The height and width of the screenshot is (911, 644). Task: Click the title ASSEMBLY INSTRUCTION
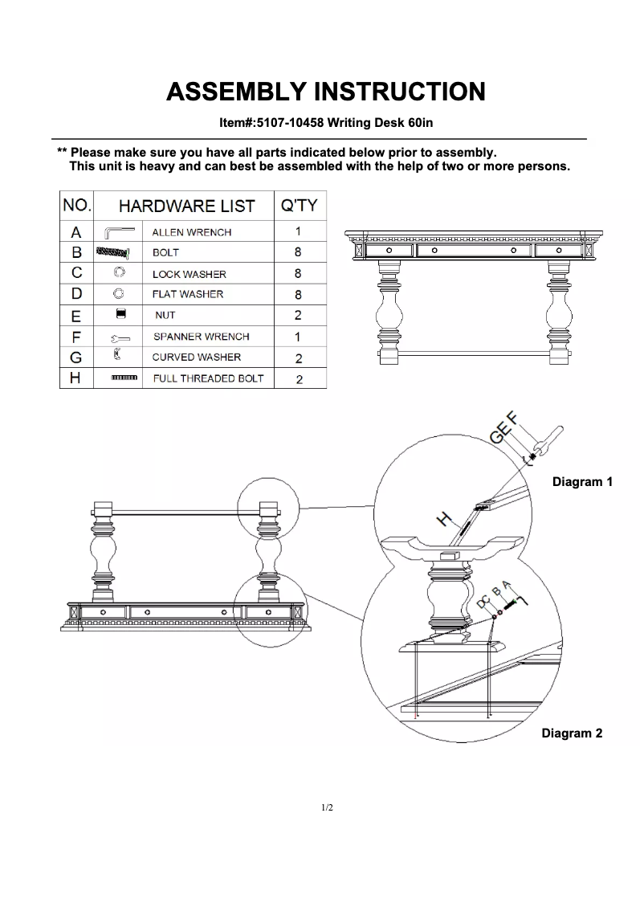(x=325, y=92)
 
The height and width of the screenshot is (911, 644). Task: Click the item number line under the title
(x=325, y=123)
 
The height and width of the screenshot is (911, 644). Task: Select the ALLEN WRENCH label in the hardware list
(x=192, y=232)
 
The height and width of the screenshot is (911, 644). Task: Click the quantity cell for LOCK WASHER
(x=298, y=274)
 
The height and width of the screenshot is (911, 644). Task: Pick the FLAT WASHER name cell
(x=188, y=294)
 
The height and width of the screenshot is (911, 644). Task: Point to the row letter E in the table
(x=76, y=316)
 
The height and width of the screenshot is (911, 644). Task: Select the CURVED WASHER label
(x=197, y=357)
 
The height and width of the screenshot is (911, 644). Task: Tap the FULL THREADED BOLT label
(x=208, y=378)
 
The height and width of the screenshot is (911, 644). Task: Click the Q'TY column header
(x=299, y=206)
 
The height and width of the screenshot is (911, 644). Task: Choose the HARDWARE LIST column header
(x=186, y=206)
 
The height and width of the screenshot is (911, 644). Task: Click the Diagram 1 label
(x=582, y=482)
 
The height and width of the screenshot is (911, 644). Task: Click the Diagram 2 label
(x=572, y=733)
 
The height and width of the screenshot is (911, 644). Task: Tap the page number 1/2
(x=326, y=807)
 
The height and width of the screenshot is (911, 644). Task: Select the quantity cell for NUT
(x=298, y=316)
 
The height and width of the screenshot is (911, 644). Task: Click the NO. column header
(x=76, y=205)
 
